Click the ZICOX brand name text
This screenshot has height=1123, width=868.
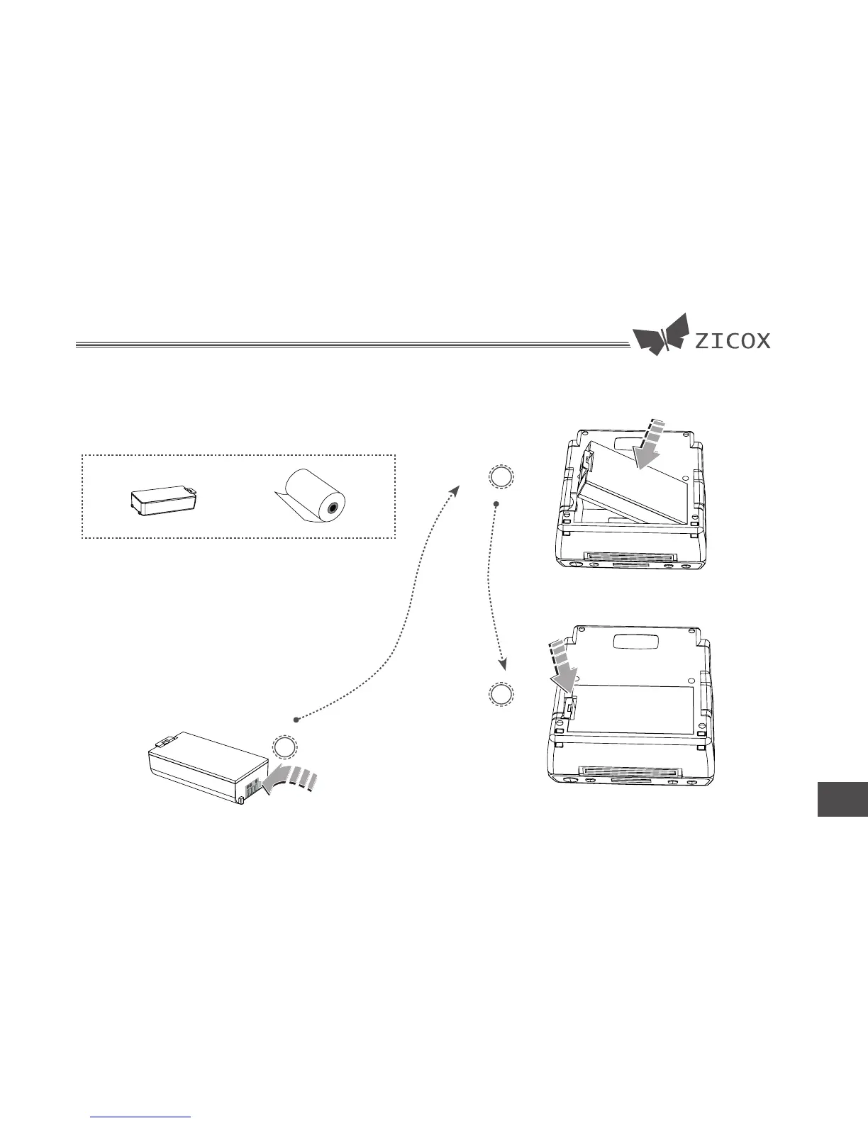[732, 341]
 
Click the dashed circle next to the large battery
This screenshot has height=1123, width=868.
[284, 748]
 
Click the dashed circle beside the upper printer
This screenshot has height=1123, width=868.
[501, 477]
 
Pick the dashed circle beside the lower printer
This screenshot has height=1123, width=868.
[501, 695]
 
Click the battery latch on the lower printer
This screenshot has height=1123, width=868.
[572, 705]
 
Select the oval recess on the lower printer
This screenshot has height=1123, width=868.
[635, 642]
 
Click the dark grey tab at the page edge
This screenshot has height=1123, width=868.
[842, 799]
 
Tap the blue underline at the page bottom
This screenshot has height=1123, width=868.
[142, 1117]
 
